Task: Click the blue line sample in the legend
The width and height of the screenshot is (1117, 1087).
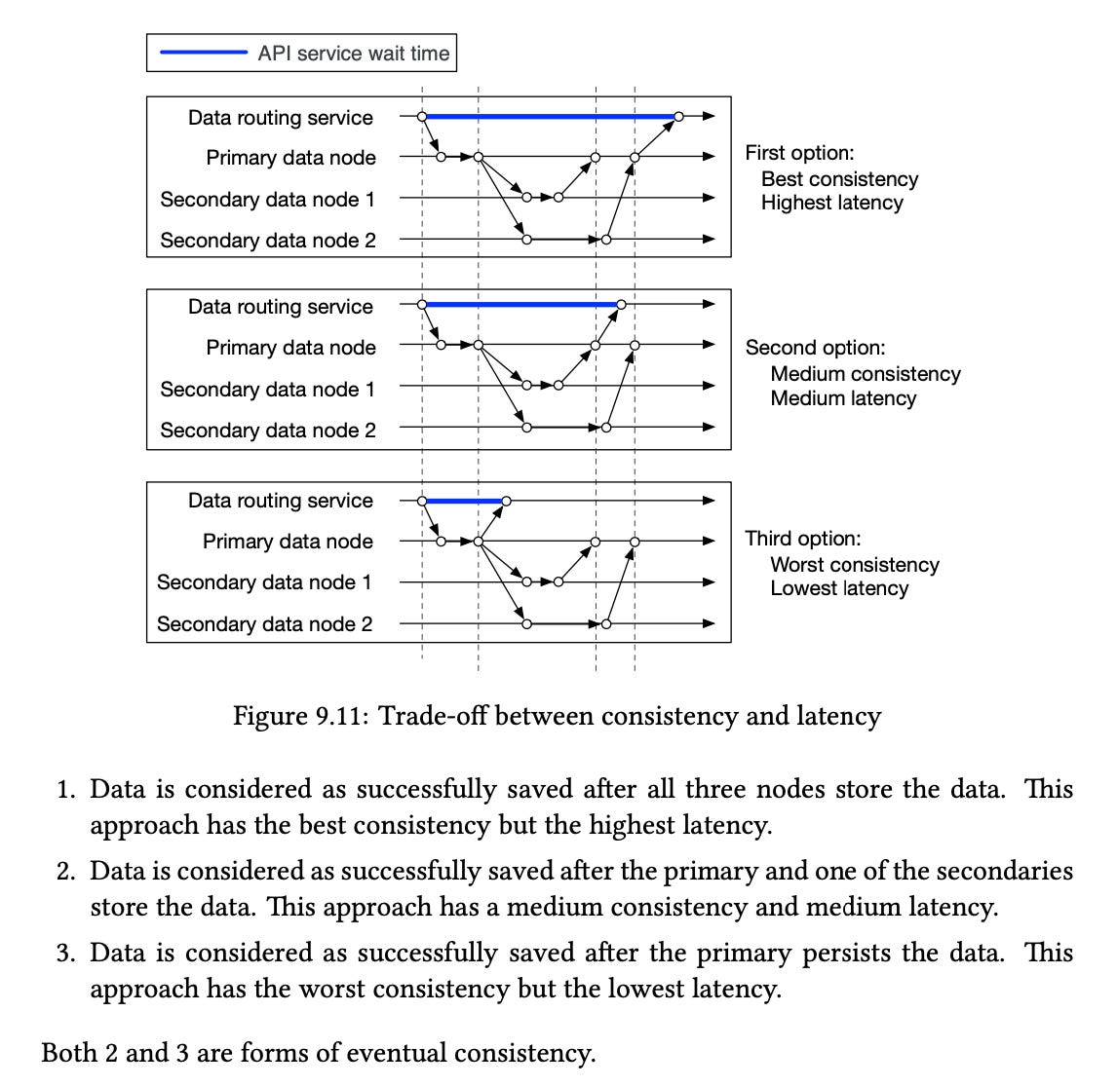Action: [203, 54]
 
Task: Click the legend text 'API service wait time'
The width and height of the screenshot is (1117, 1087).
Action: [354, 54]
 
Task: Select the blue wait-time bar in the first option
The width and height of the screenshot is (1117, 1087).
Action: [551, 116]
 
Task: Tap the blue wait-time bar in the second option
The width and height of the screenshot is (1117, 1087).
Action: [521, 305]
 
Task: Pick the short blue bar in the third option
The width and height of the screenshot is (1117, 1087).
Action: [464, 501]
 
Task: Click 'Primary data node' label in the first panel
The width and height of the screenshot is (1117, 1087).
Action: [290, 158]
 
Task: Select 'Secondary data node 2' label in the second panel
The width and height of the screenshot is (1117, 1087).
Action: [267, 431]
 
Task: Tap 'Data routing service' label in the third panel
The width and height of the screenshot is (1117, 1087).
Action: [280, 501]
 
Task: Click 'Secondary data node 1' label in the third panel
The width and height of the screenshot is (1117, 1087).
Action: [264, 582]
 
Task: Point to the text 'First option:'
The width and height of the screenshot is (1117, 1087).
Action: [799, 153]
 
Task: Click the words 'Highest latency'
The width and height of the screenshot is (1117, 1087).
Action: [831, 203]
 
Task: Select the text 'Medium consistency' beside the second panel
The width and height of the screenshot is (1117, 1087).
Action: [865, 374]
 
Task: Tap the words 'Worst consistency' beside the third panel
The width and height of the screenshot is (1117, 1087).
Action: [854, 565]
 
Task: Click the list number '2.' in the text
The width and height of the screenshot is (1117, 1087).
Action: [65, 870]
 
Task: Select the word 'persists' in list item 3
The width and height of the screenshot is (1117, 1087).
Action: [846, 952]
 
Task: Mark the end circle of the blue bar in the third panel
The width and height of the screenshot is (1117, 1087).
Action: [505, 501]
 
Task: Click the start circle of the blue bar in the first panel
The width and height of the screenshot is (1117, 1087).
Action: [422, 116]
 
